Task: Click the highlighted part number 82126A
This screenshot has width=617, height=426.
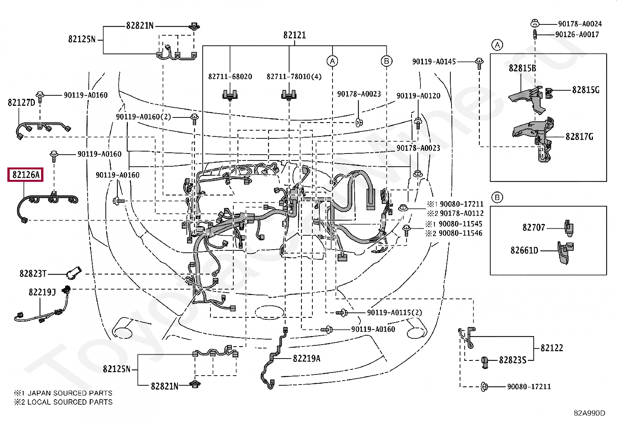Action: point(26,175)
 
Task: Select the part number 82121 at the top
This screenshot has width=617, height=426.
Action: point(295,35)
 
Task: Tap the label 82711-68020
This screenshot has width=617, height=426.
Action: point(230,77)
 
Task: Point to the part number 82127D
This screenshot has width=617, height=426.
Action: point(21,102)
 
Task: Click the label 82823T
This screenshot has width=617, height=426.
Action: point(33,274)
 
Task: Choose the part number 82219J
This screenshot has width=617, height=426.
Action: point(42,292)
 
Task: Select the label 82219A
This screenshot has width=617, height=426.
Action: point(307,359)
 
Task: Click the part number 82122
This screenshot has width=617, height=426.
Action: point(552,348)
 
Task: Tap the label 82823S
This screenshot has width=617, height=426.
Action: point(513,360)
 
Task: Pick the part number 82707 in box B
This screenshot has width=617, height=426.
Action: point(534,228)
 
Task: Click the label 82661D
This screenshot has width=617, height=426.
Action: point(524,250)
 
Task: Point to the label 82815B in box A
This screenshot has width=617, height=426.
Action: point(522,68)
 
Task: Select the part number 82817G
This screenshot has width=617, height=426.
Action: point(579,137)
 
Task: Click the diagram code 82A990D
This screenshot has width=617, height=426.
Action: point(589,413)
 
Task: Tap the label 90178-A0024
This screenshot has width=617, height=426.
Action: point(580,24)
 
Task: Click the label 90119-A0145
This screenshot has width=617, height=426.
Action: point(434,62)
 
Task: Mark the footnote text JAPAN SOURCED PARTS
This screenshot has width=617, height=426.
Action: point(70,393)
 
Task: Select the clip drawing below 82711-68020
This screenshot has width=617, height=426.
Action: point(230,95)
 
